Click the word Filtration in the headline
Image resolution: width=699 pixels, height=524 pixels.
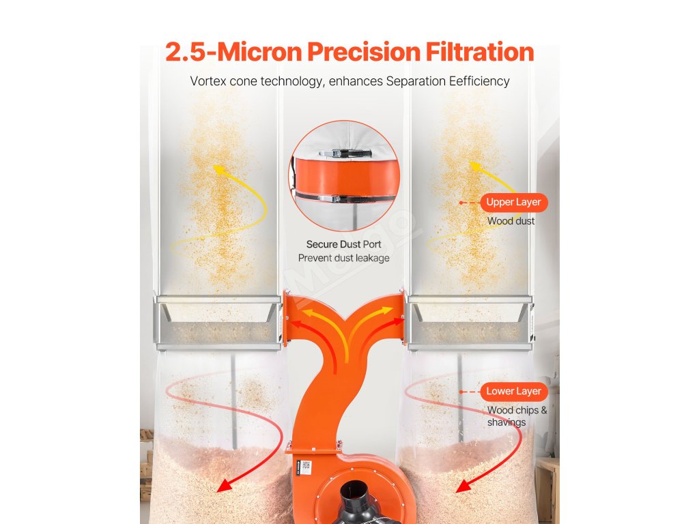click(x=480, y=52)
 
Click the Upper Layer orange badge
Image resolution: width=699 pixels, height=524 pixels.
click(x=513, y=202)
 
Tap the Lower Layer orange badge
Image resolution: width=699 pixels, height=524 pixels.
click(x=513, y=391)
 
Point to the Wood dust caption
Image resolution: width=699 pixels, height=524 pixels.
click(x=511, y=221)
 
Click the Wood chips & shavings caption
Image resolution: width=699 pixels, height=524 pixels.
click(x=517, y=416)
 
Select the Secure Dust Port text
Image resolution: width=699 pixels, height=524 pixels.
click(x=344, y=244)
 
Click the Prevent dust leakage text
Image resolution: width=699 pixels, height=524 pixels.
click(x=344, y=258)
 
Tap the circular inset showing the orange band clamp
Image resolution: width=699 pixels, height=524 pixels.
click(x=344, y=176)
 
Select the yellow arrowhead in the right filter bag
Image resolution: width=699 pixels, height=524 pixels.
click(x=475, y=167)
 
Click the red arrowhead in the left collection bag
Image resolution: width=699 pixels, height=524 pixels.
click(x=225, y=485)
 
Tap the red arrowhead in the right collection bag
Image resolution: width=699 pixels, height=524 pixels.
click(x=464, y=485)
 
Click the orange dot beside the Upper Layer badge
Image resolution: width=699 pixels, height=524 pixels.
click(x=461, y=203)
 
